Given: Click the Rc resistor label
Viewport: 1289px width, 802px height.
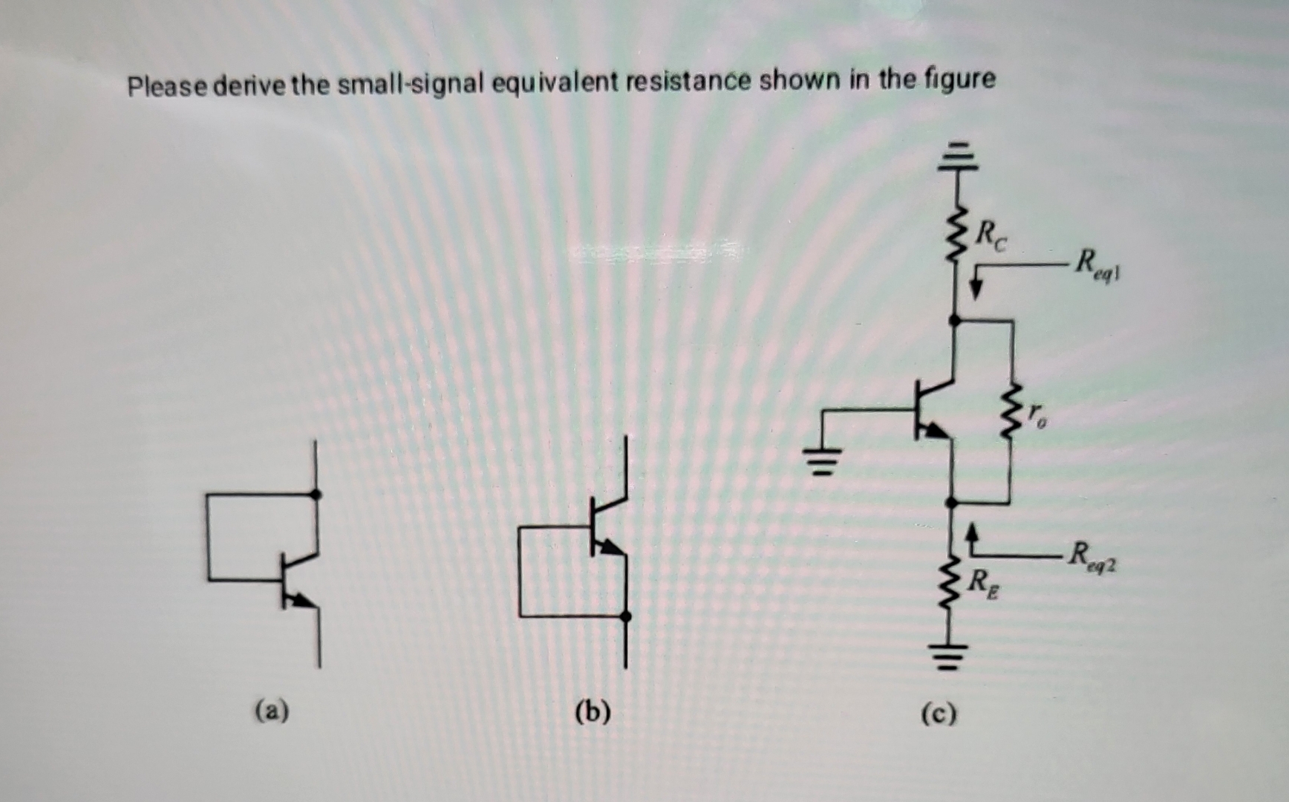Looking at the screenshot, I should (x=991, y=236).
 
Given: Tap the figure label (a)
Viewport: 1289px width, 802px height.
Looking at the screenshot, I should (x=272, y=711).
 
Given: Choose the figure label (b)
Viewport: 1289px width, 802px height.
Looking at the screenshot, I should (x=593, y=711).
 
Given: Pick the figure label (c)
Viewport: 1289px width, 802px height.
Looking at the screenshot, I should (x=939, y=714).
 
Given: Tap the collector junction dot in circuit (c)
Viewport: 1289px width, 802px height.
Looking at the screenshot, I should (x=955, y=320).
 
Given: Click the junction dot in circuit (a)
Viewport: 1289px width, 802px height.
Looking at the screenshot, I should (x=316, y=494).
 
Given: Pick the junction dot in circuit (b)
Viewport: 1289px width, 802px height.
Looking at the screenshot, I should (x=625, y=616).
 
